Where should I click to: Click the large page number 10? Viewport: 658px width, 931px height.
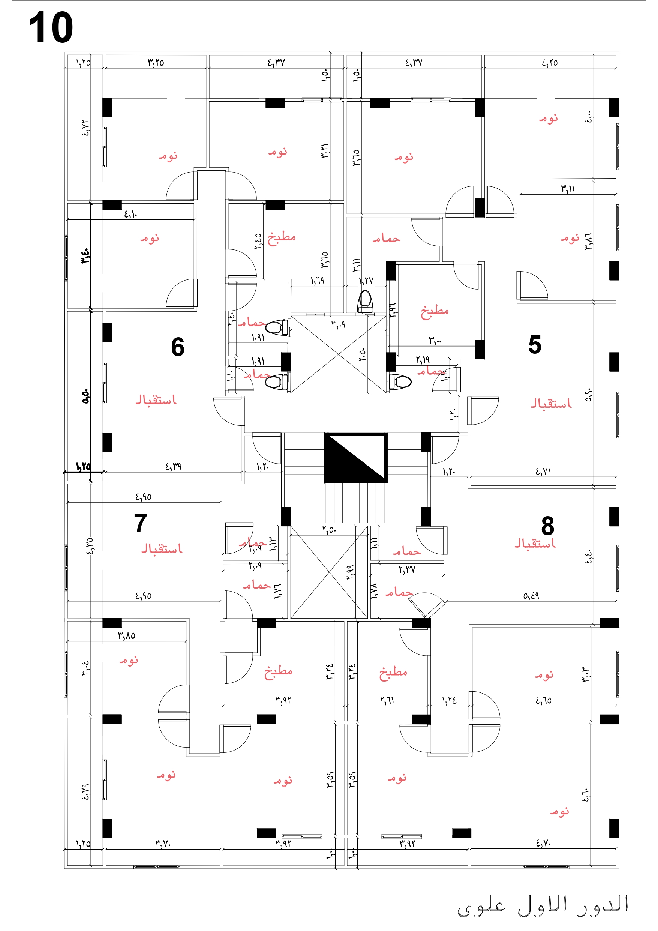point(51,28)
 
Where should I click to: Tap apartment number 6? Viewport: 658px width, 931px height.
point(178,347)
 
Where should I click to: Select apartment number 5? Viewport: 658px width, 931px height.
point(534,345)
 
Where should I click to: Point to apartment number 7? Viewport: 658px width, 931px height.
point(140,523)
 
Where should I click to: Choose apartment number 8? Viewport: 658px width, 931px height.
point(547,526)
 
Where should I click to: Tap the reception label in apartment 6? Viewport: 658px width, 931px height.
point(156,400)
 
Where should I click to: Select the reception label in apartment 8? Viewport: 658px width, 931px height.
point(535,544)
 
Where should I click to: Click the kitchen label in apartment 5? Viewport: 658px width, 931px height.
point(435,311)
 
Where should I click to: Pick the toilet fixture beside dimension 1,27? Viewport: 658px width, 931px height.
point(365,301)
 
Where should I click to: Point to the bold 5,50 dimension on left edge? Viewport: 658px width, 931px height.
point(85,396)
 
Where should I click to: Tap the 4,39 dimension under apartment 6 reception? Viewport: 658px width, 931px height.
point(173,467)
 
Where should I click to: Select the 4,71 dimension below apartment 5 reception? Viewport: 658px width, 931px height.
point(543,471)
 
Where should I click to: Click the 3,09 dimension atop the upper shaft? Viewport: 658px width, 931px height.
point(338,324)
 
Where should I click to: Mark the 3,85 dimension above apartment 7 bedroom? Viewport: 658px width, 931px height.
point(126,636)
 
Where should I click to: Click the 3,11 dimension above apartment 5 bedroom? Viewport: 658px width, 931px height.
point(568,189)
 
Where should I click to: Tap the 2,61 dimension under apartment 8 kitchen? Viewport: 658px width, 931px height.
point(387,700)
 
